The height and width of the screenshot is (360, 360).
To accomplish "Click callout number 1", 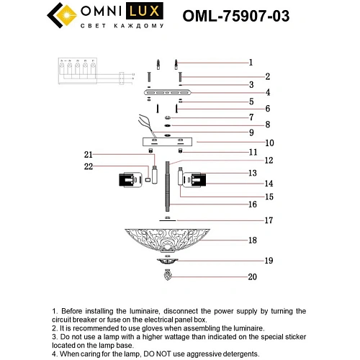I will (251, 62).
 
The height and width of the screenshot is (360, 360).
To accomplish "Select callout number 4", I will (247, 92).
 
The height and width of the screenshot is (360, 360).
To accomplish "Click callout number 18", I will (252, 240).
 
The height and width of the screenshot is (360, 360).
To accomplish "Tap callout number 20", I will (252, 276).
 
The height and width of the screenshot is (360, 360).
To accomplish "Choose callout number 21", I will (89, 154).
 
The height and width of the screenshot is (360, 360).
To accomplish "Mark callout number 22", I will (89, 168).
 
